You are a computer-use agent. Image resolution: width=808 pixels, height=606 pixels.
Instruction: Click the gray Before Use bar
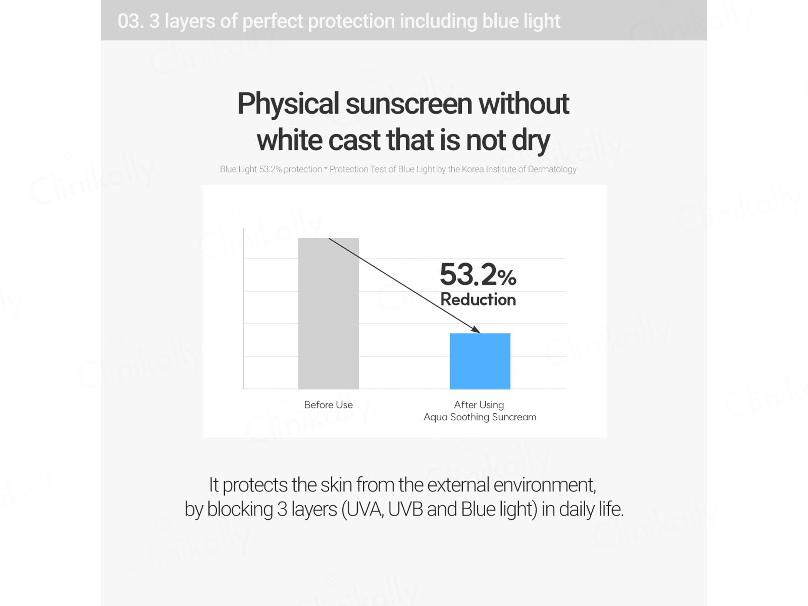(x=328, y=313)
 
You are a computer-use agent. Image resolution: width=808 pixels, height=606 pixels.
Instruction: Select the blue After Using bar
(x=480, y=361)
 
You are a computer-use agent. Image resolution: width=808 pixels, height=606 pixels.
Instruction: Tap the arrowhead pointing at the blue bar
(x=476, y=329)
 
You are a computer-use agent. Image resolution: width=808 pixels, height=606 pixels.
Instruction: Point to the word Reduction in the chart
(x=478, y=300)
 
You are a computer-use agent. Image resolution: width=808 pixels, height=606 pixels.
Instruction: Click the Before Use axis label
(x=328, y=405)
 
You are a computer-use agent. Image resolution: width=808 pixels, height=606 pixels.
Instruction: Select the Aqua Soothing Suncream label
(x=480, y=417)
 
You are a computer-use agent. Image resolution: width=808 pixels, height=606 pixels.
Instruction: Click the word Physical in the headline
(x=288, y=104)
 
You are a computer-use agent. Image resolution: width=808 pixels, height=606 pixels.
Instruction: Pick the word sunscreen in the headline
(x=409, y=105)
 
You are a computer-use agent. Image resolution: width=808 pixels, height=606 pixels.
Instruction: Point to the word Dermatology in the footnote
(x=552, y=169)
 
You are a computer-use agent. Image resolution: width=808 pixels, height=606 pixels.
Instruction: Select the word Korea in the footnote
(x=473, y=169)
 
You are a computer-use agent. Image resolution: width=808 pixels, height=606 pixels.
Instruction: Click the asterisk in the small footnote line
(x=325, y=168)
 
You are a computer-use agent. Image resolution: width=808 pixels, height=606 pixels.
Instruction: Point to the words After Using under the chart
(x=479, y=405)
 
